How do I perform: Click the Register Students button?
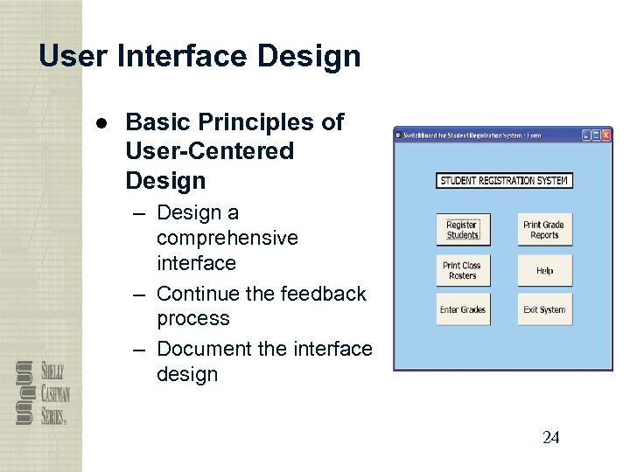[x=463, y=230]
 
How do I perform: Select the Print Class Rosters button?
[x=463, y=270]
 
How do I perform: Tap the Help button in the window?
[x=544, y=271]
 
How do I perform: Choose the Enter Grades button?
[x=463, y=310]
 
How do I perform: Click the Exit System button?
[x=544, y=310]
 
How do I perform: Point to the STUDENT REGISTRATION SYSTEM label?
[x=504, y=181]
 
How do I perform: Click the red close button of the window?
[x=605, y=135]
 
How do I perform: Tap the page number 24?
[x=550, y=438]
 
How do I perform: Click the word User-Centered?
[x=209, y=151]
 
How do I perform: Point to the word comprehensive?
[x=227, y=238]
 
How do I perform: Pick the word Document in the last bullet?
[x=204, y=349]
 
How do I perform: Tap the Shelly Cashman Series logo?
[x=42, y=392]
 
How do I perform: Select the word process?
[x=192, y=318]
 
